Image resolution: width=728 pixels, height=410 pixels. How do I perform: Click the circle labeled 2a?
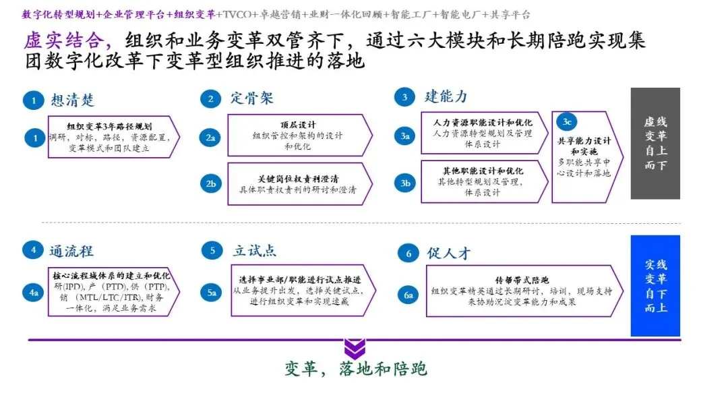click(x=211, y=138)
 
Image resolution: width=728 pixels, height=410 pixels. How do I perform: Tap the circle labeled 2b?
click(x=211, y=183)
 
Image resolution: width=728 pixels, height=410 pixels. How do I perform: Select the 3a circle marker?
click(x=404, y=136)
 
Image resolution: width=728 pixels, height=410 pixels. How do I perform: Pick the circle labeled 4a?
click(x=33, y=293)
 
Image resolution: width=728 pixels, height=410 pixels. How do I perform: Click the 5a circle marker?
click(x=212, y=293)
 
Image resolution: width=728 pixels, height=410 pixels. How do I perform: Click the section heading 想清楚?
click(x=73, y=100)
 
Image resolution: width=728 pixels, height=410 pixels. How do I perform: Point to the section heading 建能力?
click(x=446, y=96)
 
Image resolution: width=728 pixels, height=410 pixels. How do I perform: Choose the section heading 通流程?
click(x=71, y=252)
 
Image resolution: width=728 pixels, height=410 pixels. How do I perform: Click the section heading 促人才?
click(x=448, y=254)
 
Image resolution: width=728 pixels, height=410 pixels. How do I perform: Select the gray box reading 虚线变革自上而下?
click(x=655, y=143)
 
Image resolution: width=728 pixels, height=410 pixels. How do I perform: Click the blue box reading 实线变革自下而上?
click(x=655, y=285)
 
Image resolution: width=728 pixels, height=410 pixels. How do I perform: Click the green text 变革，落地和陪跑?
click(x=355, y=369)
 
